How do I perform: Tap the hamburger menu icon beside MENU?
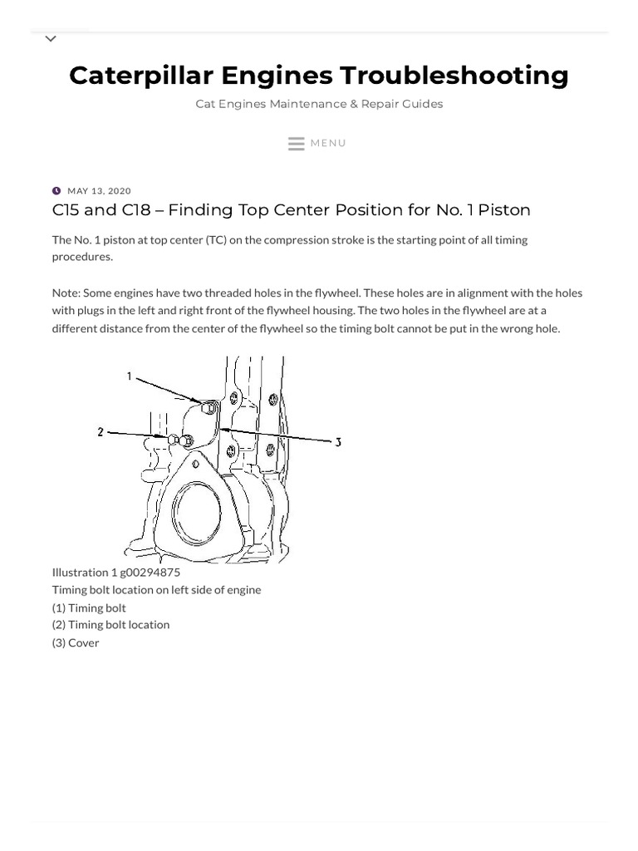click(296, 144)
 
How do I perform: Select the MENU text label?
click(328, 143)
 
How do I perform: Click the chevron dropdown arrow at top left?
click(51, 39)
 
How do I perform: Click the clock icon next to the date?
click(56, 191)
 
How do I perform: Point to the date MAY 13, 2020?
click(99, 191)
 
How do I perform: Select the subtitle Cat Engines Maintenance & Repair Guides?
click(319, 104)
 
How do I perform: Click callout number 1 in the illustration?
click(130, 376)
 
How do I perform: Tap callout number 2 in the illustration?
click(101, 432)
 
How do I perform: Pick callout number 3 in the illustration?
click(338, 443)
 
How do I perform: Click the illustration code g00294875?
click(150, 572)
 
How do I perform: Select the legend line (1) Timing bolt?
click(89, 608)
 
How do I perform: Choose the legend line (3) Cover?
click(76, 642)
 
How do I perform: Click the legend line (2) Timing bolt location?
click(110, 624)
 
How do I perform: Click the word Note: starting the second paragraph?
click(66, 293)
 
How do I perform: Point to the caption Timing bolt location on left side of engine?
click(156, 589)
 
